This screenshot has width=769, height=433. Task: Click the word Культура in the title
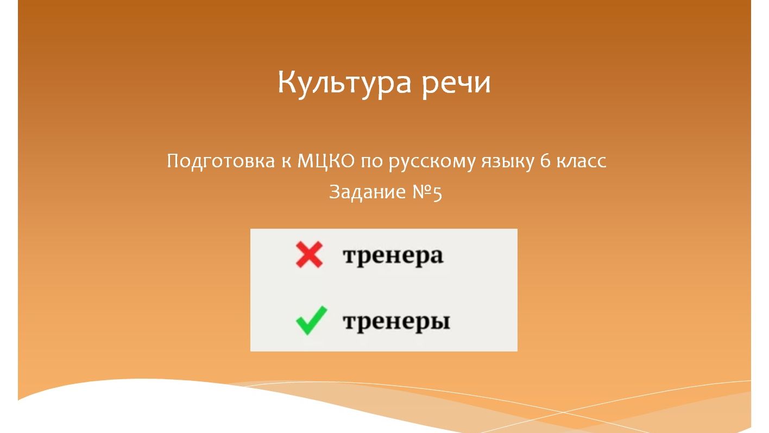344,83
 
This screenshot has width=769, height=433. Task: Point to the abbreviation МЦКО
326,161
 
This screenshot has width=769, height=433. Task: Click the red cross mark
309,255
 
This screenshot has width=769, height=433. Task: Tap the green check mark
311,321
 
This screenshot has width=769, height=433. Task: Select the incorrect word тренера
393,256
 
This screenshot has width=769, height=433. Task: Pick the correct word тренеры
396,322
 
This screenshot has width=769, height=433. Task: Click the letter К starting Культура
288,83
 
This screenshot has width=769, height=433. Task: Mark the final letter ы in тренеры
441,322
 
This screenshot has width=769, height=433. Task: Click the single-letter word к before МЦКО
286,162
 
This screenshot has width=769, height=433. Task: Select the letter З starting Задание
335,192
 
